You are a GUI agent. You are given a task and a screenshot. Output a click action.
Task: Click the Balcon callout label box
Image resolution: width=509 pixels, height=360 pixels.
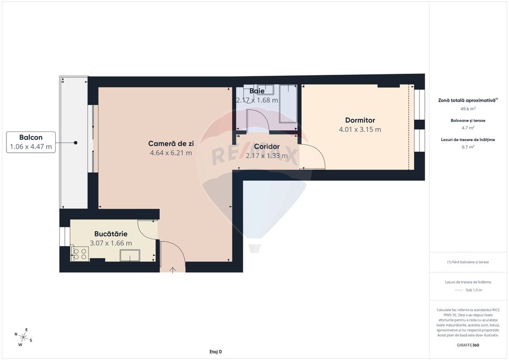pos(31,142)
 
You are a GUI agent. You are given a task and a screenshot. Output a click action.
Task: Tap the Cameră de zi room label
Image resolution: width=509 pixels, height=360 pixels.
pos(171,143)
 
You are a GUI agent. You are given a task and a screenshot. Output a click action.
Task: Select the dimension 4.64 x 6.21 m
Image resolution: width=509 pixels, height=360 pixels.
pos(171,153)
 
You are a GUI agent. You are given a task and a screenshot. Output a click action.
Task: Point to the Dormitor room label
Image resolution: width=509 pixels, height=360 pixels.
pos(360,120)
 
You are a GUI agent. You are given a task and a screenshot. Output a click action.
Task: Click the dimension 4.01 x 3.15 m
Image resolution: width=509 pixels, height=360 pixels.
pos(360,129)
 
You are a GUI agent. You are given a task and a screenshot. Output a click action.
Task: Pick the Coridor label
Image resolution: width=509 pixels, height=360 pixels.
pos(267,146)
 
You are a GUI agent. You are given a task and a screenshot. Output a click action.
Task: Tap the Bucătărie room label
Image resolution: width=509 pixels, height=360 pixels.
pos(111,233)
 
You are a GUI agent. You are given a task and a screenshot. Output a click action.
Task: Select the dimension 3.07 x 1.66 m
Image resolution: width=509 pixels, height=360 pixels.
pos(111,243)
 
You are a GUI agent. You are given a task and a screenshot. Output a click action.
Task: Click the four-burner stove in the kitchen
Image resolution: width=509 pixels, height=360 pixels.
pos(80,254)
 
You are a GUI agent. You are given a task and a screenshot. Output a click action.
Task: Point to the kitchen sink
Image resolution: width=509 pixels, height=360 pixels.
pos(129,256)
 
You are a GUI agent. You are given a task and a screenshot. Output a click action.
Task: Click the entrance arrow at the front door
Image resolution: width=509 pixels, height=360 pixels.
pos(173,270)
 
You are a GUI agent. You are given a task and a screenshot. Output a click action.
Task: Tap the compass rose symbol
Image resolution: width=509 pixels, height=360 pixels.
pos(23,336)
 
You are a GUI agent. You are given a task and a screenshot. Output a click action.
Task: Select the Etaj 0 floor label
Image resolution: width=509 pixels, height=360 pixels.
pos(215,352)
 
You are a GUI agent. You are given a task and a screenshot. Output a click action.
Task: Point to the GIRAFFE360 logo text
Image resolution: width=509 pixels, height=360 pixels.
pos(468,345)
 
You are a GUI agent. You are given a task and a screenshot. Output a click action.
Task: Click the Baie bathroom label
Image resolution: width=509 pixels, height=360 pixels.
pos(257,91)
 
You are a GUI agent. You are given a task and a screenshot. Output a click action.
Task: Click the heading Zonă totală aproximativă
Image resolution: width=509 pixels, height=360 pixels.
pos(467,100)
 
